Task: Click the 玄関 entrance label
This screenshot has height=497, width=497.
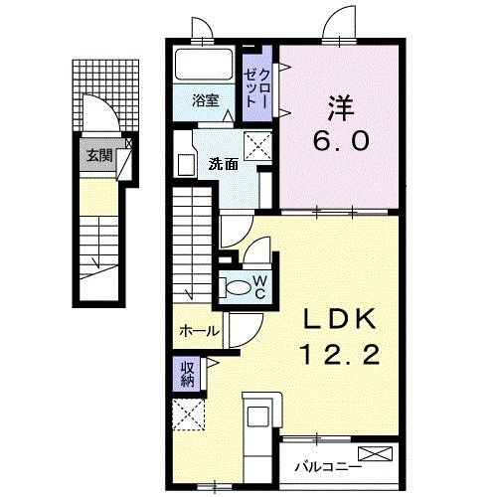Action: (x=99, y=155)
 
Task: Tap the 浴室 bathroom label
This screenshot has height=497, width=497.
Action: (x=206, y=100)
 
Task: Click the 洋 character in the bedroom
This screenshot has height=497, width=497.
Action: (x=341, y=108)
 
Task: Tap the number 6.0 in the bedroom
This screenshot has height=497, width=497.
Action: (x=341, y=140)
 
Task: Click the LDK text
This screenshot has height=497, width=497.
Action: (x=340, y=319)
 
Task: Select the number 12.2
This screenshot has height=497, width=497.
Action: (x=340, y=354)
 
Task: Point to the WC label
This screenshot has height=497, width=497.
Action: (x=260, y=287)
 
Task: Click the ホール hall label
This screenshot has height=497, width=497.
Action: (x=200, y=331)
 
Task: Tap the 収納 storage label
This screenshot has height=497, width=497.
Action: (x=187, y=373)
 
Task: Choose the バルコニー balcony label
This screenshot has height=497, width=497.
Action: (x=328, y=468)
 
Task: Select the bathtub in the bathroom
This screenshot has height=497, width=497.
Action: (x=204, y=65)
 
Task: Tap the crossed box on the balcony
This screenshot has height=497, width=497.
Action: (x=376, y=453)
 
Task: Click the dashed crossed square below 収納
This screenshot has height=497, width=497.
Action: (x=189, y=414)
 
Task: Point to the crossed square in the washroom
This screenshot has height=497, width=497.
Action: (x=257, y=146)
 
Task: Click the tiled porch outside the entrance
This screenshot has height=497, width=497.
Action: (x=105, y=95)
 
